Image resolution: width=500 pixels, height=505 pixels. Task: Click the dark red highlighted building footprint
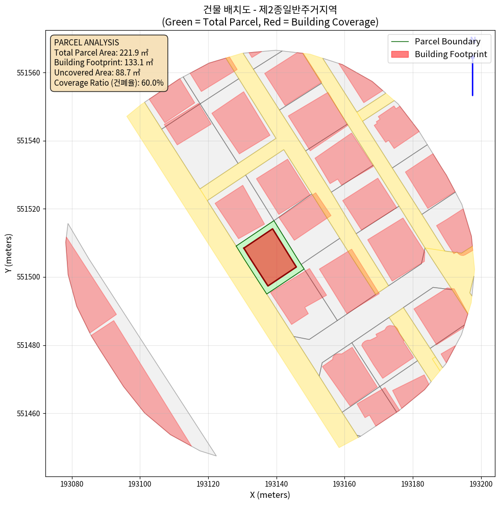pyautogui.click(x=270, y=257)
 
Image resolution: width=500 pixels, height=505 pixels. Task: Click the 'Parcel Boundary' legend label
pyautogui.click(x=447, y=41)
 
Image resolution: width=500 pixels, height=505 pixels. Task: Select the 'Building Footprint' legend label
pyautogui.click(x=451, y=54)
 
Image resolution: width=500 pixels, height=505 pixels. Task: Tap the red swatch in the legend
pyautogui.click(x=401, y=54)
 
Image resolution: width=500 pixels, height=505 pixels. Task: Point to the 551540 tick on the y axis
pyautogui.click(x=27, y=141)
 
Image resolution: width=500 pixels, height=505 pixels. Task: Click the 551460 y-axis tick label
pyautogui.click(x=27, y=414)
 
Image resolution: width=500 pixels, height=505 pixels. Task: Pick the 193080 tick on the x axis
pyautogui.click(x=72, y=483)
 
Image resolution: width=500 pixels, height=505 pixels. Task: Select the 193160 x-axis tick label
pyautogui.click(x=345, y=483)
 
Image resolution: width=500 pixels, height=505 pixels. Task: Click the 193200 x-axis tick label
pyautogui.click(x=481, y=483)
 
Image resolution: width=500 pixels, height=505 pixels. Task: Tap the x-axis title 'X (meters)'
pyautogui.click(x=270, y=495)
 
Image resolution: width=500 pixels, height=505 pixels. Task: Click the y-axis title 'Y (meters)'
pyautogui.click(x=9, y=253)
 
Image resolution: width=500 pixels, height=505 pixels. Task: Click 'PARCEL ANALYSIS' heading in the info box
pyautogui.click(x=86, y=42)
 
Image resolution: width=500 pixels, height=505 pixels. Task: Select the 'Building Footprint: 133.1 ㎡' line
pyautogui.click(x=103, y=63)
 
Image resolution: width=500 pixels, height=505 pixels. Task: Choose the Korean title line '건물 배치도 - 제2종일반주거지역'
pyautogui.click(x=270, y=10)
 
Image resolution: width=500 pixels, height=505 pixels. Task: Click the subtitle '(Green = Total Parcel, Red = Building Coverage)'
pyautogui.click(x=270, y=22)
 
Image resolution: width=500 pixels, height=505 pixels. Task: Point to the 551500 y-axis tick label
pyautogui.click(x=27, y=277)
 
